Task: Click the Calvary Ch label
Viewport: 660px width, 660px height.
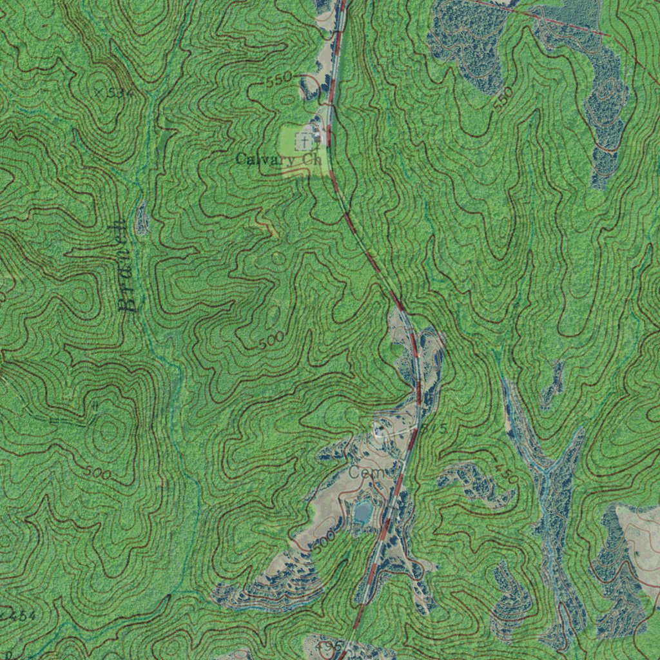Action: click(278, 159)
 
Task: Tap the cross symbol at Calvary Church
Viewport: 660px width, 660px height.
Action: click(302, 139)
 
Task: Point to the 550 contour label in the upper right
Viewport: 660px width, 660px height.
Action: click(504, 98)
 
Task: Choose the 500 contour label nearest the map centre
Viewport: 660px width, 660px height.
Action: click(271, 342)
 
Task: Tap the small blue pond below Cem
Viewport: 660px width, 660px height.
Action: click(363, 512)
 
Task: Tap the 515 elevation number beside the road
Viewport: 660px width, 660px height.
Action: click(436, 428)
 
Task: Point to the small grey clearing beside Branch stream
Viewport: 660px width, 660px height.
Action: click(142, 219)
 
